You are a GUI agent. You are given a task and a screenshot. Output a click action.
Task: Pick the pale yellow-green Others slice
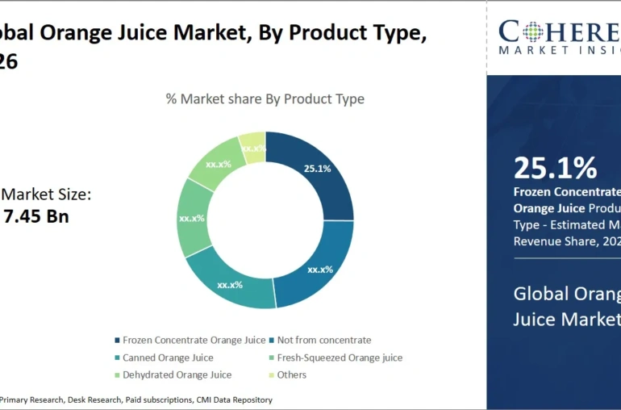pos(253,148)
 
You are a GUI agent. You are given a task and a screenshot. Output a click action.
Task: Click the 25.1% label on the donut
pos(317,169)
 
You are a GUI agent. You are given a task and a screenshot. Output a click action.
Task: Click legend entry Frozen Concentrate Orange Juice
pos(194,340)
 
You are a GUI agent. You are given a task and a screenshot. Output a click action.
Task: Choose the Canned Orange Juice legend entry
pos(168,358)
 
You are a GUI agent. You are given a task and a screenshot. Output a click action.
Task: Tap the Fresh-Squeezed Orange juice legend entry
pos(339,358)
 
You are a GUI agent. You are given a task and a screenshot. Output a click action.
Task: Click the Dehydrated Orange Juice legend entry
pos(177,374)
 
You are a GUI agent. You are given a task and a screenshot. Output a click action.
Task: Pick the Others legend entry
pos(291,374)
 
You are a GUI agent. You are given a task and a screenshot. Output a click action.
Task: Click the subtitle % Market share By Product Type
pos(265,99)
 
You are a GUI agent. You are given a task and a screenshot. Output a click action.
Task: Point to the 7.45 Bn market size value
pos(36,216)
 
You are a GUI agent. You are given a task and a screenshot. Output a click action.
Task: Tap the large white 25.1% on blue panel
pos(556,168)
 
